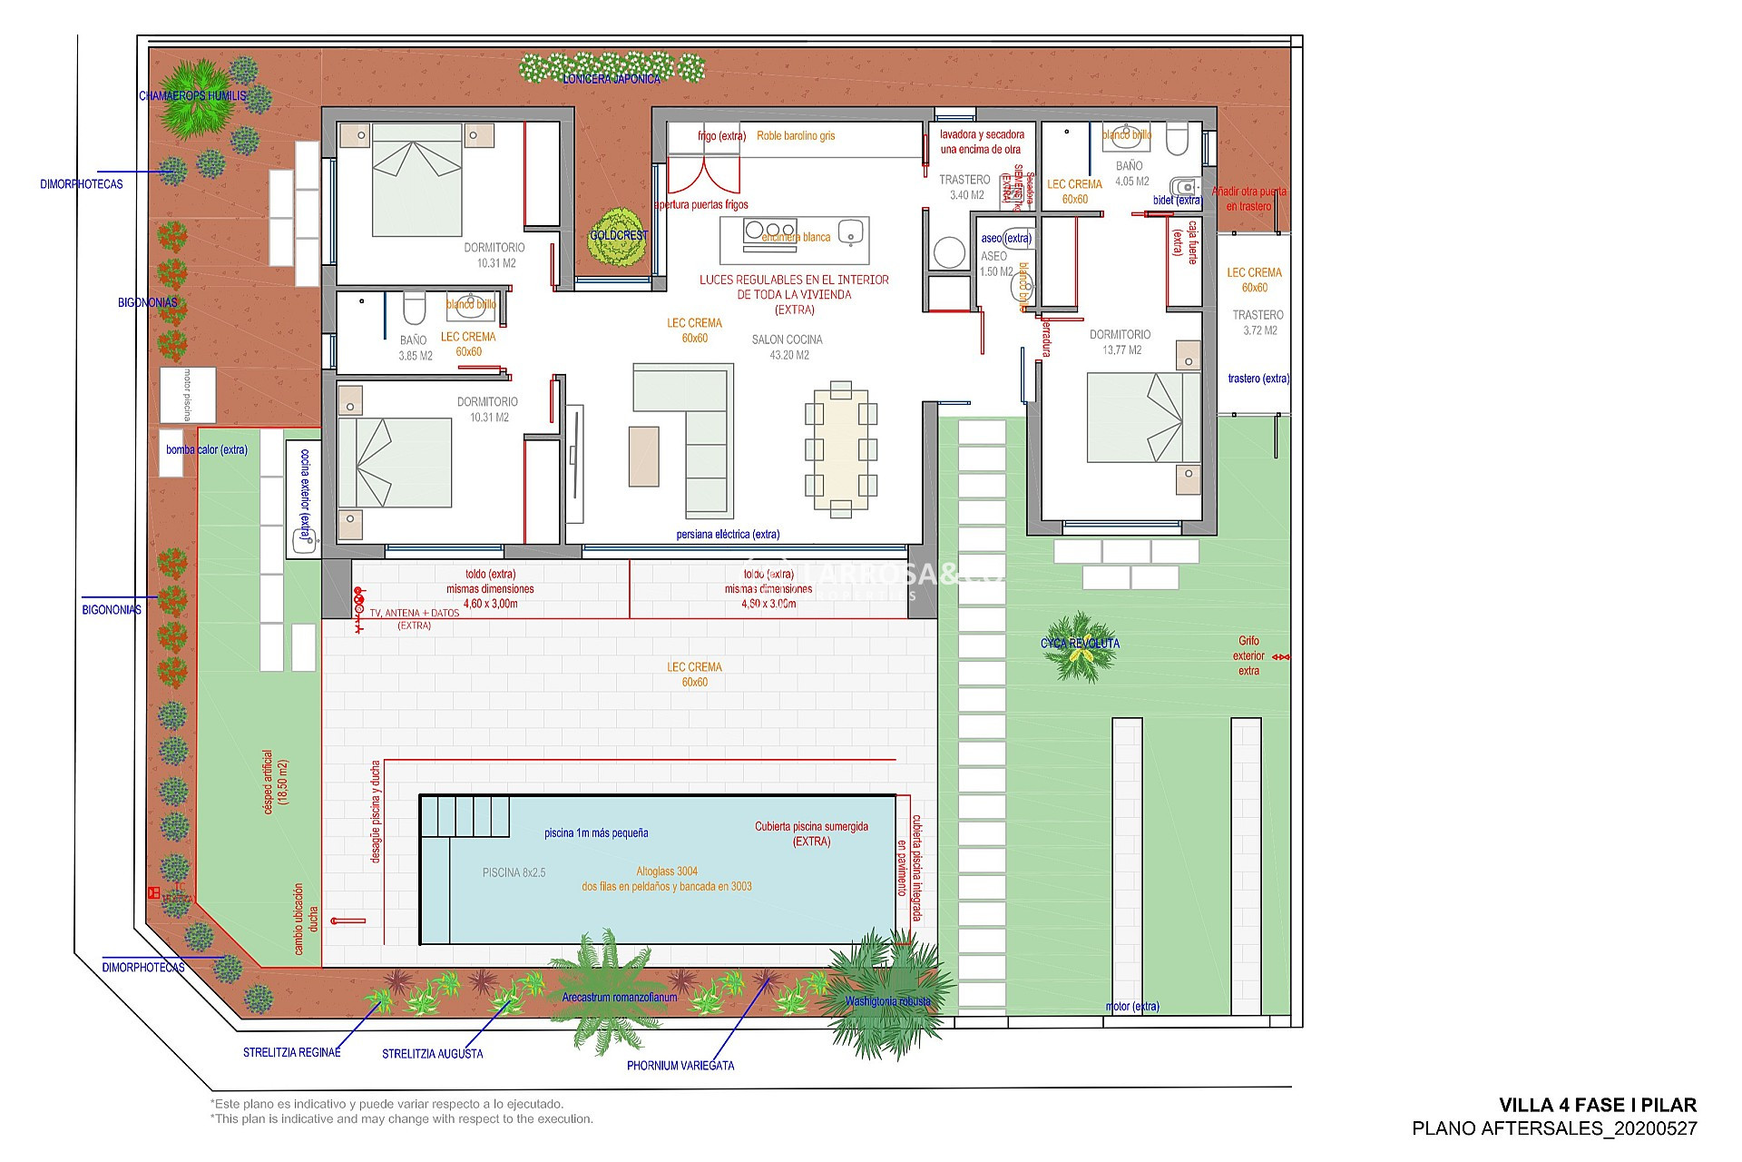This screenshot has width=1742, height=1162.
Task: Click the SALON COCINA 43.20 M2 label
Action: coord(787,347)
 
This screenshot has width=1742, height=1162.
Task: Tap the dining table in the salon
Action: coord(840,449)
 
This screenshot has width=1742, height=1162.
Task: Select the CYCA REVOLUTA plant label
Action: coord(1080,644)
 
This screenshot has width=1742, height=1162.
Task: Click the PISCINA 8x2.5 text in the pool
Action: coord(514,872)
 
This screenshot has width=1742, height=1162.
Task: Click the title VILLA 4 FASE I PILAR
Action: coord(1597,1105)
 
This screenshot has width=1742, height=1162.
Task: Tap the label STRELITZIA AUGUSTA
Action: coord(432,1054)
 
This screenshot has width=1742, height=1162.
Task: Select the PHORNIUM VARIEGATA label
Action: coord(680,1066)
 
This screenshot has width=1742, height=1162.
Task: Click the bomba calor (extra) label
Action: coord(207,449)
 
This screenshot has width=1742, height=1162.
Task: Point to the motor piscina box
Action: coord(188,395)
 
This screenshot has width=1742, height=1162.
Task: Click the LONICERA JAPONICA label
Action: coord(612,79)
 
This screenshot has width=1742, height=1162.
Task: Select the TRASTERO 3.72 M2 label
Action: coord(1258,322)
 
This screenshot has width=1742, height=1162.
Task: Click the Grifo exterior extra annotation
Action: coord(1248,655)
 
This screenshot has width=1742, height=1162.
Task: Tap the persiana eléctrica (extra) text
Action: coord(728,535)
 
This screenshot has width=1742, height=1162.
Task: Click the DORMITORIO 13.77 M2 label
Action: coord(1121,342)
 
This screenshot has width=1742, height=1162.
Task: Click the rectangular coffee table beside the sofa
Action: coord(643,457)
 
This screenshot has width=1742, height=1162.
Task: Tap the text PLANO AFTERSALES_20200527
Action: coord(1554,1128)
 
